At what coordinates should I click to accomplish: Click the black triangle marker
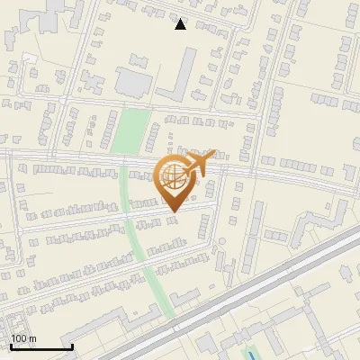click(180, 24)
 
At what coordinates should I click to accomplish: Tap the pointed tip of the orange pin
click(174, 211)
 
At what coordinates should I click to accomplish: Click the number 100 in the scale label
click(18, 338)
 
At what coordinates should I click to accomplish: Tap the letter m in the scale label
click(31, 338)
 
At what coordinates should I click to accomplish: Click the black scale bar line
click(41, 346)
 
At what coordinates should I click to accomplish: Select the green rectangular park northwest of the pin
click(130, 130)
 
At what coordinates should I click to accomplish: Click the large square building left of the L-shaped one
click(133, 82)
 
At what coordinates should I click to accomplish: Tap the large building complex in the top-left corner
click(40, 13)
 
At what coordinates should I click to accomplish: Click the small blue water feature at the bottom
click(252, 352)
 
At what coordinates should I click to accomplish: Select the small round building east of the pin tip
click(221, 241)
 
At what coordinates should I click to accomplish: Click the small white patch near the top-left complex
click(30, 58)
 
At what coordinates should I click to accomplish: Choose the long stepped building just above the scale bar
click(36, 323)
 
